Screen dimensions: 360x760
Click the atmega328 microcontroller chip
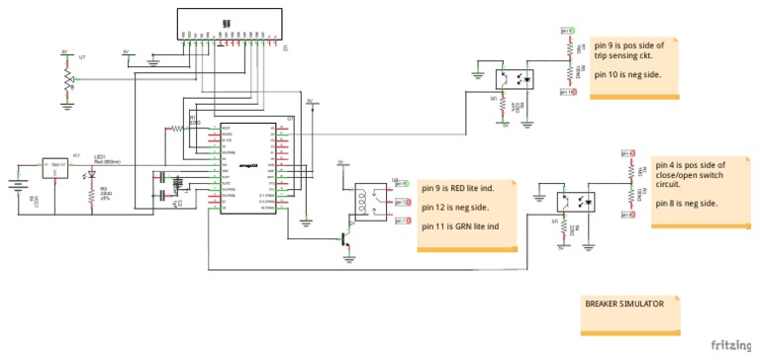249,168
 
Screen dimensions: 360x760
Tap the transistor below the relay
346,238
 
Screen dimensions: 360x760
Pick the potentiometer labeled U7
67,79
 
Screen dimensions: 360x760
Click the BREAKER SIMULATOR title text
623,304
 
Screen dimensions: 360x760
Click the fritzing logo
732,345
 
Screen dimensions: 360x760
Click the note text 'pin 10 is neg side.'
627,74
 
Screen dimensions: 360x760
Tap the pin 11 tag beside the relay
404,220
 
